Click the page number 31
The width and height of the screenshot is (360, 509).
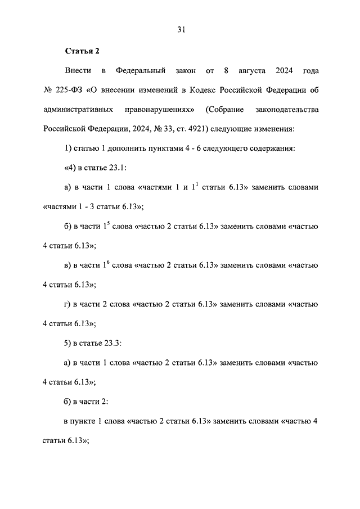pos(180,30)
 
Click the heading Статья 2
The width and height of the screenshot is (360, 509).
pos(82,51)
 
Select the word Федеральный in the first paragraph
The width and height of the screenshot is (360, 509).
pos(140,71)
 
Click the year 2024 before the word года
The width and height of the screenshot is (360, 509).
pos(287,71)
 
